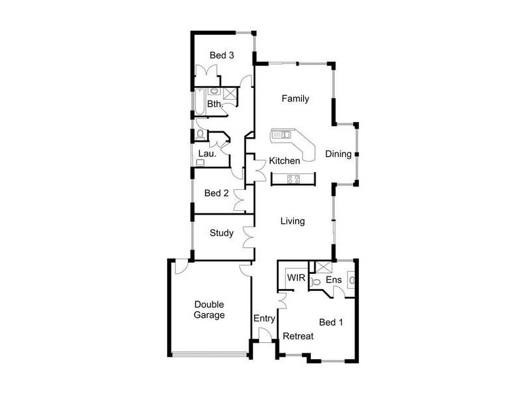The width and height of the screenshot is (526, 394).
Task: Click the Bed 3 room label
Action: (222, 55)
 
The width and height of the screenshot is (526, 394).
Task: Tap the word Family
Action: (295, 98)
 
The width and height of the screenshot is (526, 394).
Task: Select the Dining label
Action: (338, 154)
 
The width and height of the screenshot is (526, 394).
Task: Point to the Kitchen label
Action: (285, 160)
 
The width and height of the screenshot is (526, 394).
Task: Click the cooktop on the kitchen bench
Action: (293, 178)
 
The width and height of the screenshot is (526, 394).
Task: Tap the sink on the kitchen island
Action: (282, 135)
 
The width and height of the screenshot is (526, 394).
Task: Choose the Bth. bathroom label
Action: (215, 104)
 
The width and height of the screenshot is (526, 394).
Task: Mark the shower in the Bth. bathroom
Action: (229, 93)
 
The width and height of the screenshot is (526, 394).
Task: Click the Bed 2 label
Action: (216, 193)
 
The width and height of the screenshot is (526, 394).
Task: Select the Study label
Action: (222, 232)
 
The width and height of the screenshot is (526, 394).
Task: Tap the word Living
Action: (293, 221)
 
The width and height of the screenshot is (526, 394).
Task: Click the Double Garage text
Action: (209, 309)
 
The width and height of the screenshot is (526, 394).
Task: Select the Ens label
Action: (334, 280)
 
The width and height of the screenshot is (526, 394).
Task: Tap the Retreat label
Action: (298, 336)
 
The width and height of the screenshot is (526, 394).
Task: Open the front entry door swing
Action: (264, 336)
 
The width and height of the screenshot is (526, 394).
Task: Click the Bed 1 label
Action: (331, 322)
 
